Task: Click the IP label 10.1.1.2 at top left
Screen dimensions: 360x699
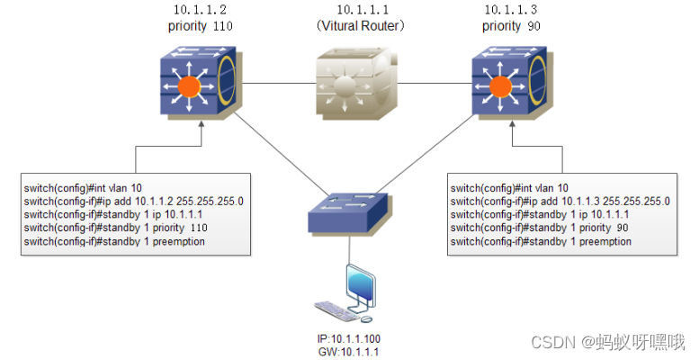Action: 200,10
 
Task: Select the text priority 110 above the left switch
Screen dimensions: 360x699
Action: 200,26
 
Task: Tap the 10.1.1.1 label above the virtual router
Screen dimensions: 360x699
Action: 357,10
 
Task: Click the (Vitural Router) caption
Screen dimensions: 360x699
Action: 358,26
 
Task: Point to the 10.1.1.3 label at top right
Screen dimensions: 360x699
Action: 513,10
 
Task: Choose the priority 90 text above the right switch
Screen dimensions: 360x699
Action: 513,26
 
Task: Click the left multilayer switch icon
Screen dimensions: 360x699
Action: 199,85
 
